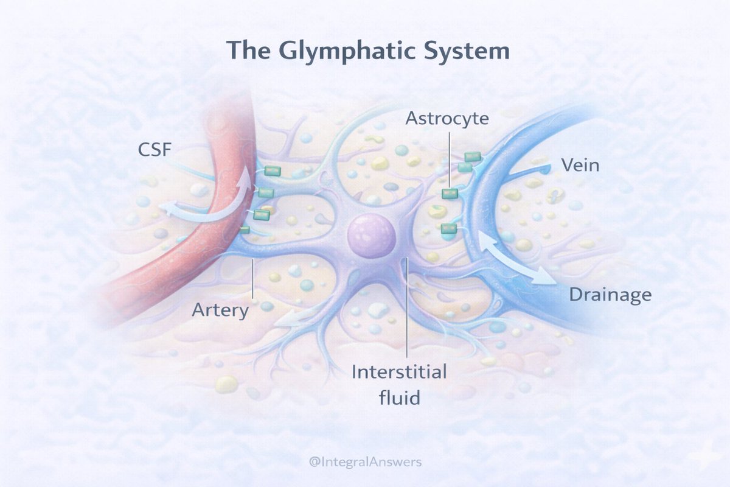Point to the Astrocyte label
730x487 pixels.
tap(447, 118)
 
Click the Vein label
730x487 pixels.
tap(580, 165)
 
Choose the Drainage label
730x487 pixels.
tap(610, 295)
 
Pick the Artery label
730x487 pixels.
tap(220, 310)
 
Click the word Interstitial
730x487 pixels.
tap(399, 371)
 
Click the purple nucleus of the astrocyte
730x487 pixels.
tap(371, 236)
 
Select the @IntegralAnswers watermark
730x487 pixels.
tap(365, 462)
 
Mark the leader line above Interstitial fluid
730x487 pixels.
tap(406, 310)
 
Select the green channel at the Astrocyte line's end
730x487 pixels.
tap(450, 193)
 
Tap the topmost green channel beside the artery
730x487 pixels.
tap(272, 171)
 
